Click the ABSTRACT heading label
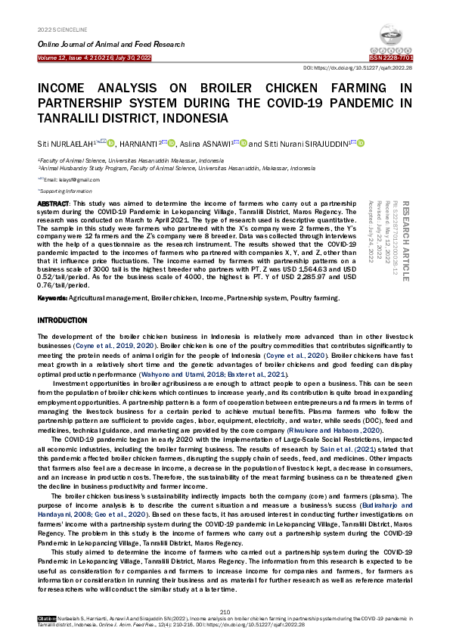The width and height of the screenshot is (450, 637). click(x=53, y=205)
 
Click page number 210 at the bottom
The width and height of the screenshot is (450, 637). click(x=225, y=611)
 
